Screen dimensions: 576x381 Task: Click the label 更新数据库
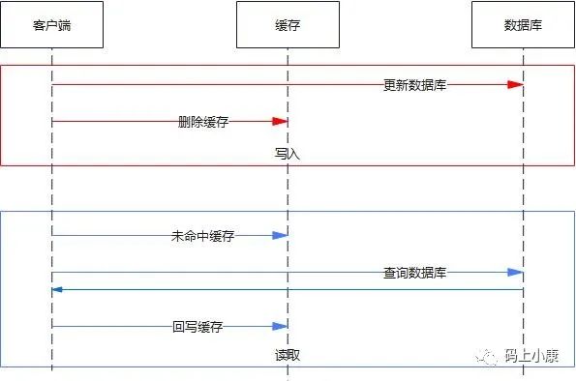414,85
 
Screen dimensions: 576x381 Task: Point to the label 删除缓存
203,122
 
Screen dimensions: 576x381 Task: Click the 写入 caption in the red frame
288,154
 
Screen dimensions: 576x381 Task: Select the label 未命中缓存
202,236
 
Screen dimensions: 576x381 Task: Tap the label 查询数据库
414,273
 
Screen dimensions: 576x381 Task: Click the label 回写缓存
197,326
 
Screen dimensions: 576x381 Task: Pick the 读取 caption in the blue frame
288,355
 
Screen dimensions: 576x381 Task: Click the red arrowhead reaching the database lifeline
515,85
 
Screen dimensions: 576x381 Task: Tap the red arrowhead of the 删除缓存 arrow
280,121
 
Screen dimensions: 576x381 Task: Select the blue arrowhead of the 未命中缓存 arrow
280,235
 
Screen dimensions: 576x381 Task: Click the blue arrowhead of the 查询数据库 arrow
515,273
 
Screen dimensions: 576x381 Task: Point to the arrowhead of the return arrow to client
57,289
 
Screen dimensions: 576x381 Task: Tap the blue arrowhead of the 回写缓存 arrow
280,326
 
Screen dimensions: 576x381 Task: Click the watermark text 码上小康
531,356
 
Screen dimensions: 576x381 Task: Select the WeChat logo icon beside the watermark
487,357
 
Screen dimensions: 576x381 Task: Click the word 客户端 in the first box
52,25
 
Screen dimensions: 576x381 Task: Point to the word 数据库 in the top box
523,25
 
